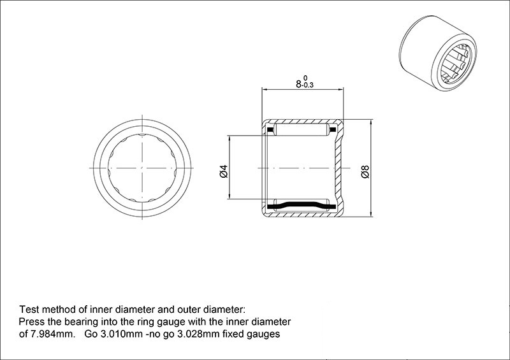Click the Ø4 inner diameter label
(224, 171)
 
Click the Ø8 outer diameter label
(365, 171)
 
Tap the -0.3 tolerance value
(307, 85)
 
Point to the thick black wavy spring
(301, 206)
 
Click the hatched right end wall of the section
(340, 168)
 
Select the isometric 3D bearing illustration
(438, 53)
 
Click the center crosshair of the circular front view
(142, 168)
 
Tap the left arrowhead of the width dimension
(264, 89)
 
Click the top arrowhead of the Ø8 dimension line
(371, 122)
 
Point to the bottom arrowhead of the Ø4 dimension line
(229, 196)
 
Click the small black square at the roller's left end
(270, 130)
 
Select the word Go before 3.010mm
(91, 334)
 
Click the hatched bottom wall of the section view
(302, 214)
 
